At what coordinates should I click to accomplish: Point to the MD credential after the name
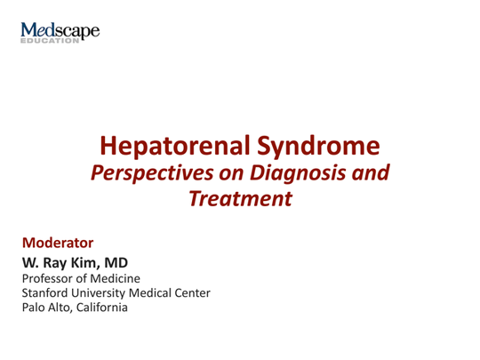[x=120, y=263]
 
